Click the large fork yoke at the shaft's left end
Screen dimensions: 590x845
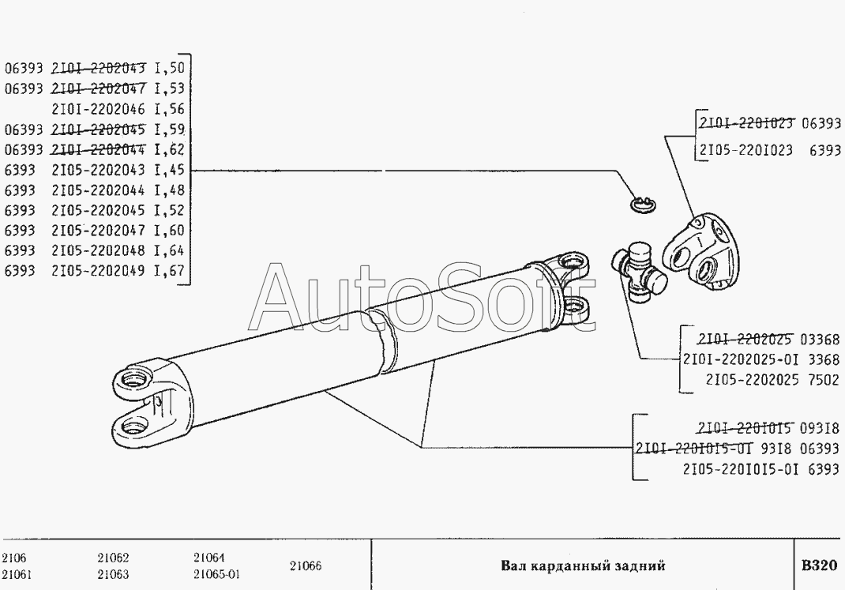tap(142, 399)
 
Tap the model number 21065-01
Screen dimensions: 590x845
tap(216, 574)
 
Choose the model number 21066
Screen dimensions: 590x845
tap(305, 566)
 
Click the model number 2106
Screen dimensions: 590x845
tap(14, 557)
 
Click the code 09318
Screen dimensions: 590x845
tap(821, 429)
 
